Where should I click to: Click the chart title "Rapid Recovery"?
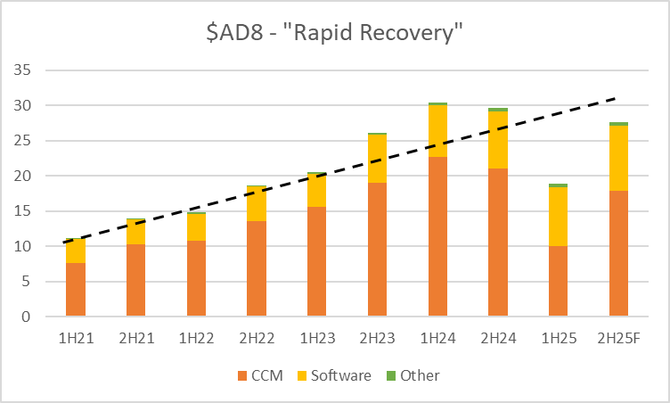tap(334, 35)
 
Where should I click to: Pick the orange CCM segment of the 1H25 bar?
tap(558, 281)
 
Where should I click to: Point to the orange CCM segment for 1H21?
tap(76, 289)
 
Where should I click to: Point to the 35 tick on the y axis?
tap(24, 70)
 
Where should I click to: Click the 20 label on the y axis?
tap(24, 176)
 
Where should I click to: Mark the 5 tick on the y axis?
tap(27, 282)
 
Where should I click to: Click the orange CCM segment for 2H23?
tap(377, 250)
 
